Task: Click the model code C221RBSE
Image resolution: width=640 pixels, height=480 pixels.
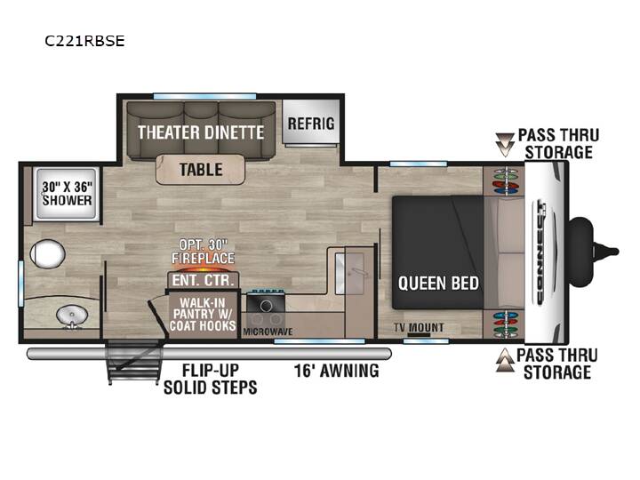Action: (84, 41)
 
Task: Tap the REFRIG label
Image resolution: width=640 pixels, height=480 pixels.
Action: (311, 124)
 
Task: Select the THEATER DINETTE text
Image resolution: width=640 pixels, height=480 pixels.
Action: (201, 132)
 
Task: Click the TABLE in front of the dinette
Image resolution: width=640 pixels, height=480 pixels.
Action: (200, 170)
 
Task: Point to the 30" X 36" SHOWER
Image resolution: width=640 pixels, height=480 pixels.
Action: (68, 194)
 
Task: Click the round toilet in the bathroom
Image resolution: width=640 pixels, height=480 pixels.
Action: (47, 254)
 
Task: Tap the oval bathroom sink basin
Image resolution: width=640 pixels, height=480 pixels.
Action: (72, 316)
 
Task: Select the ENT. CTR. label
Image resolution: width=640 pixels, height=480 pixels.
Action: (203, 280)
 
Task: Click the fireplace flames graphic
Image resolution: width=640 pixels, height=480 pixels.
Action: (203, 269)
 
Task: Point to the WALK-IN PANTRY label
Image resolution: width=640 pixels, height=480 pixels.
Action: (203, 314)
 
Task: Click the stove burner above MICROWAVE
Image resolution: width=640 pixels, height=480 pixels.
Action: (266, 305)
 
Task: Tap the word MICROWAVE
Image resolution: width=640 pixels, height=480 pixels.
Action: (268, 332)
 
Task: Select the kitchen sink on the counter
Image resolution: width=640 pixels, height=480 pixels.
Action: (350, 273)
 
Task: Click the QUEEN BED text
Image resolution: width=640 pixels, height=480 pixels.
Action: (438, 284)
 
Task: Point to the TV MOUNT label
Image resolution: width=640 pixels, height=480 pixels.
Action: (419, 327)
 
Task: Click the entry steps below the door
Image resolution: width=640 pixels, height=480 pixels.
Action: (132, 362)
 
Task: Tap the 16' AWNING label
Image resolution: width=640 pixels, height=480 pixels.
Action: (336, 371)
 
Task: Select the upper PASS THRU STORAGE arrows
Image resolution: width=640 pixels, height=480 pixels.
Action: (505, 144)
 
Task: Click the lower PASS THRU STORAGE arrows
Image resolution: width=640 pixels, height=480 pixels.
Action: (505, 360)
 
